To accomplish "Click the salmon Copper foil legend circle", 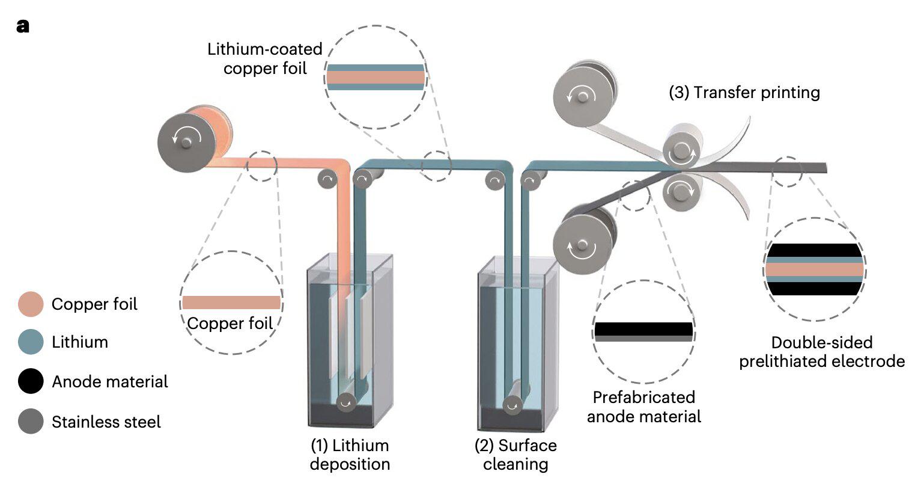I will (x=31, y=304).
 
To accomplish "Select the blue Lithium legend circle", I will (x=31, y=342).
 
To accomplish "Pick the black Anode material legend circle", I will (x=31, y=381).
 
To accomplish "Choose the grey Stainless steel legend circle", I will (x=31, y=421).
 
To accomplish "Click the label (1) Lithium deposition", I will (x=350, y=455).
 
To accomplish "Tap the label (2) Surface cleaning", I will (x=515, y=455).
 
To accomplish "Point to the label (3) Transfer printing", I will (x=744, y=93).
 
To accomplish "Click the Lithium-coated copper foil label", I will (x=265, y=58).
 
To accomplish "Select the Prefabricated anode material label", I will (x=643, y=407).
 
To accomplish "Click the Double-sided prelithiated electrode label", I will (x=822, y=352).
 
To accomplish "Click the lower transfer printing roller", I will (x=681, y=191).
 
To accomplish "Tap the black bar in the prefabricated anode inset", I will (x=643, y=328).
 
